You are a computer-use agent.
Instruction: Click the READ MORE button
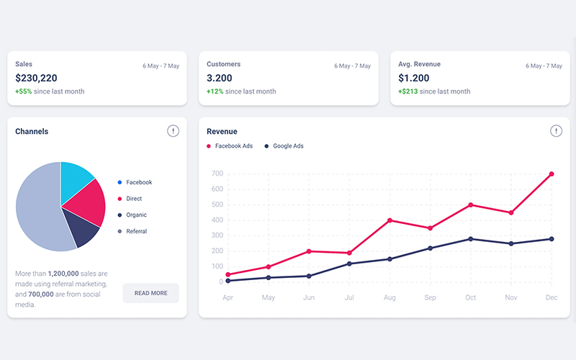pos(150,293)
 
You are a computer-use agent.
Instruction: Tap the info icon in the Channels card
pos(173,131)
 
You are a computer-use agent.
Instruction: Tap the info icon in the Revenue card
pos(556,131)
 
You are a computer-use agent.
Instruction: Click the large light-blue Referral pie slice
pos(40,209)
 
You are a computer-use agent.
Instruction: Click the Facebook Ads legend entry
pos(230,146)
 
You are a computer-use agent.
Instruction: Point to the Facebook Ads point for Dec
pos(552,174)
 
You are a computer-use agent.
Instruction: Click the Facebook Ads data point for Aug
pos(390,220)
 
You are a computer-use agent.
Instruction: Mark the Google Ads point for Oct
pos(471,239)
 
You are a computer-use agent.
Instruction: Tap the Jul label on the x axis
pos(349,297)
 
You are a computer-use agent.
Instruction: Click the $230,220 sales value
pos(36,78)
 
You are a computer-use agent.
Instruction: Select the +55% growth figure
pos(24,91)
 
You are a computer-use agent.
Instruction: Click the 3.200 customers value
pos(220,78)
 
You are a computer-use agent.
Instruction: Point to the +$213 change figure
pos(408,91)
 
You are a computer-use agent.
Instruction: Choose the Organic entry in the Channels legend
pos(136,215)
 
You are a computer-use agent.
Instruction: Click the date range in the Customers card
pos(352,66)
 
